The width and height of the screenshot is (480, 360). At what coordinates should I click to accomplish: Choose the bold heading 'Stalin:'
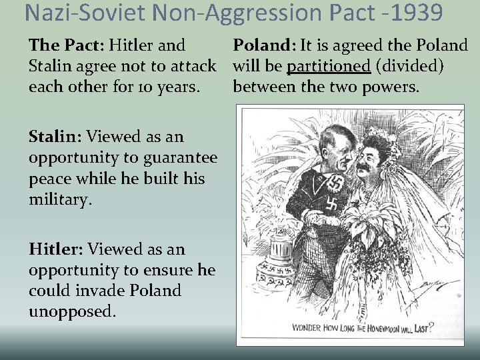coord(55,137)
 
